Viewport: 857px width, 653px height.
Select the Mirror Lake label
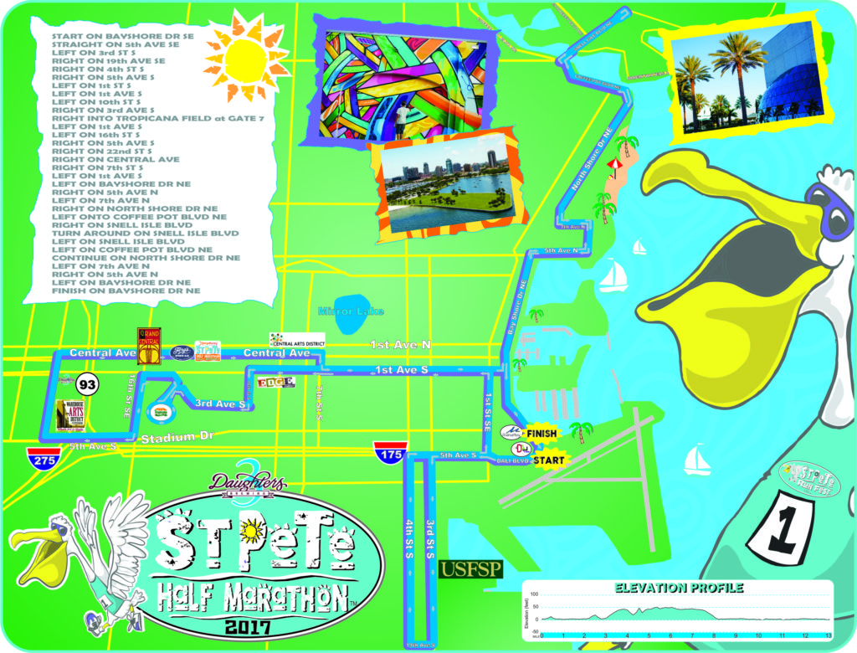352,311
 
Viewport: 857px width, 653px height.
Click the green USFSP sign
471,569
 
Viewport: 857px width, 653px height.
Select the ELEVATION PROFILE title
679,588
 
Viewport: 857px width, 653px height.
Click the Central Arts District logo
296,340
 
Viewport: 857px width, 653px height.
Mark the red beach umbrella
615,164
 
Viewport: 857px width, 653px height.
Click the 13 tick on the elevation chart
828,636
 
